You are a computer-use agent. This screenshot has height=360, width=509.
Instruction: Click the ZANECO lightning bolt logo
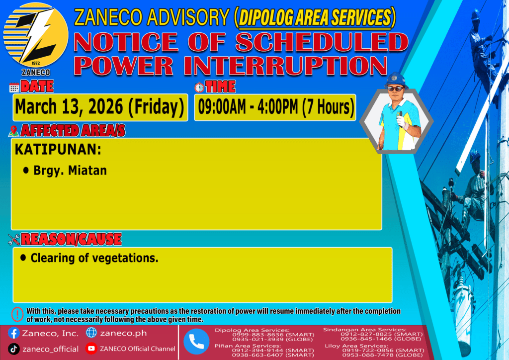pyautogui.click(x=36, y=35)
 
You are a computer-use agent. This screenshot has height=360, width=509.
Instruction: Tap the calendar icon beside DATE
pyautogui.click(x=14, y=88)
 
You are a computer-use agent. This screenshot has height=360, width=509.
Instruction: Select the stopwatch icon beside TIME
pyautogui.click(x=199, y=87)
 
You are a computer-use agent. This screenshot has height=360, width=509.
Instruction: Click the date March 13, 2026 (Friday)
pyautogui.click(x=99, y=107)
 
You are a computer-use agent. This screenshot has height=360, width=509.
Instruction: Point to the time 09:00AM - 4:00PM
pyautogui.click(x=248, y=107)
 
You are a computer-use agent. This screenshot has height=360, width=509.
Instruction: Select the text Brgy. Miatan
pyautogui.click(x=70, y=171)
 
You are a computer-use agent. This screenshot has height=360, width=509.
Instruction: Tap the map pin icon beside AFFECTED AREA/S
pyautogui.click(x=13, y=131)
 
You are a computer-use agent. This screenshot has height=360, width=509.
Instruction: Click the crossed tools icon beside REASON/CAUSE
pyautogui.click(x=14, y=239)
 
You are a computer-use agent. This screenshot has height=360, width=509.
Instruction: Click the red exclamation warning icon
pyautogui.click(x=17, y=314)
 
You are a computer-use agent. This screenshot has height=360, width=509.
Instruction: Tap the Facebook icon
pyautogui.click(x=13, y=333)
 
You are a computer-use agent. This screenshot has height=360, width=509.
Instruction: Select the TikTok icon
pyautogui.click(x=13, y=349)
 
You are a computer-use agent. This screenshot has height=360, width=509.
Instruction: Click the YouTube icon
pyautogui.click(x=91, y=348)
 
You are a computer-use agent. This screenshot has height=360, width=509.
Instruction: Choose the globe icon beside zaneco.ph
pyautogui.click(x=91, y=333)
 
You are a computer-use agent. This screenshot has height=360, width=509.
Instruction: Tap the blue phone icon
pyautogui.click(x=196, y=342)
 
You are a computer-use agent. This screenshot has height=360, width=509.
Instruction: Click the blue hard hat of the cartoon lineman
pyautogui.click(x=396, y=80)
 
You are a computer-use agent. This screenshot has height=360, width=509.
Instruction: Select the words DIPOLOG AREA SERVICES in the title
pyautogui.click(x=315, y=17)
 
